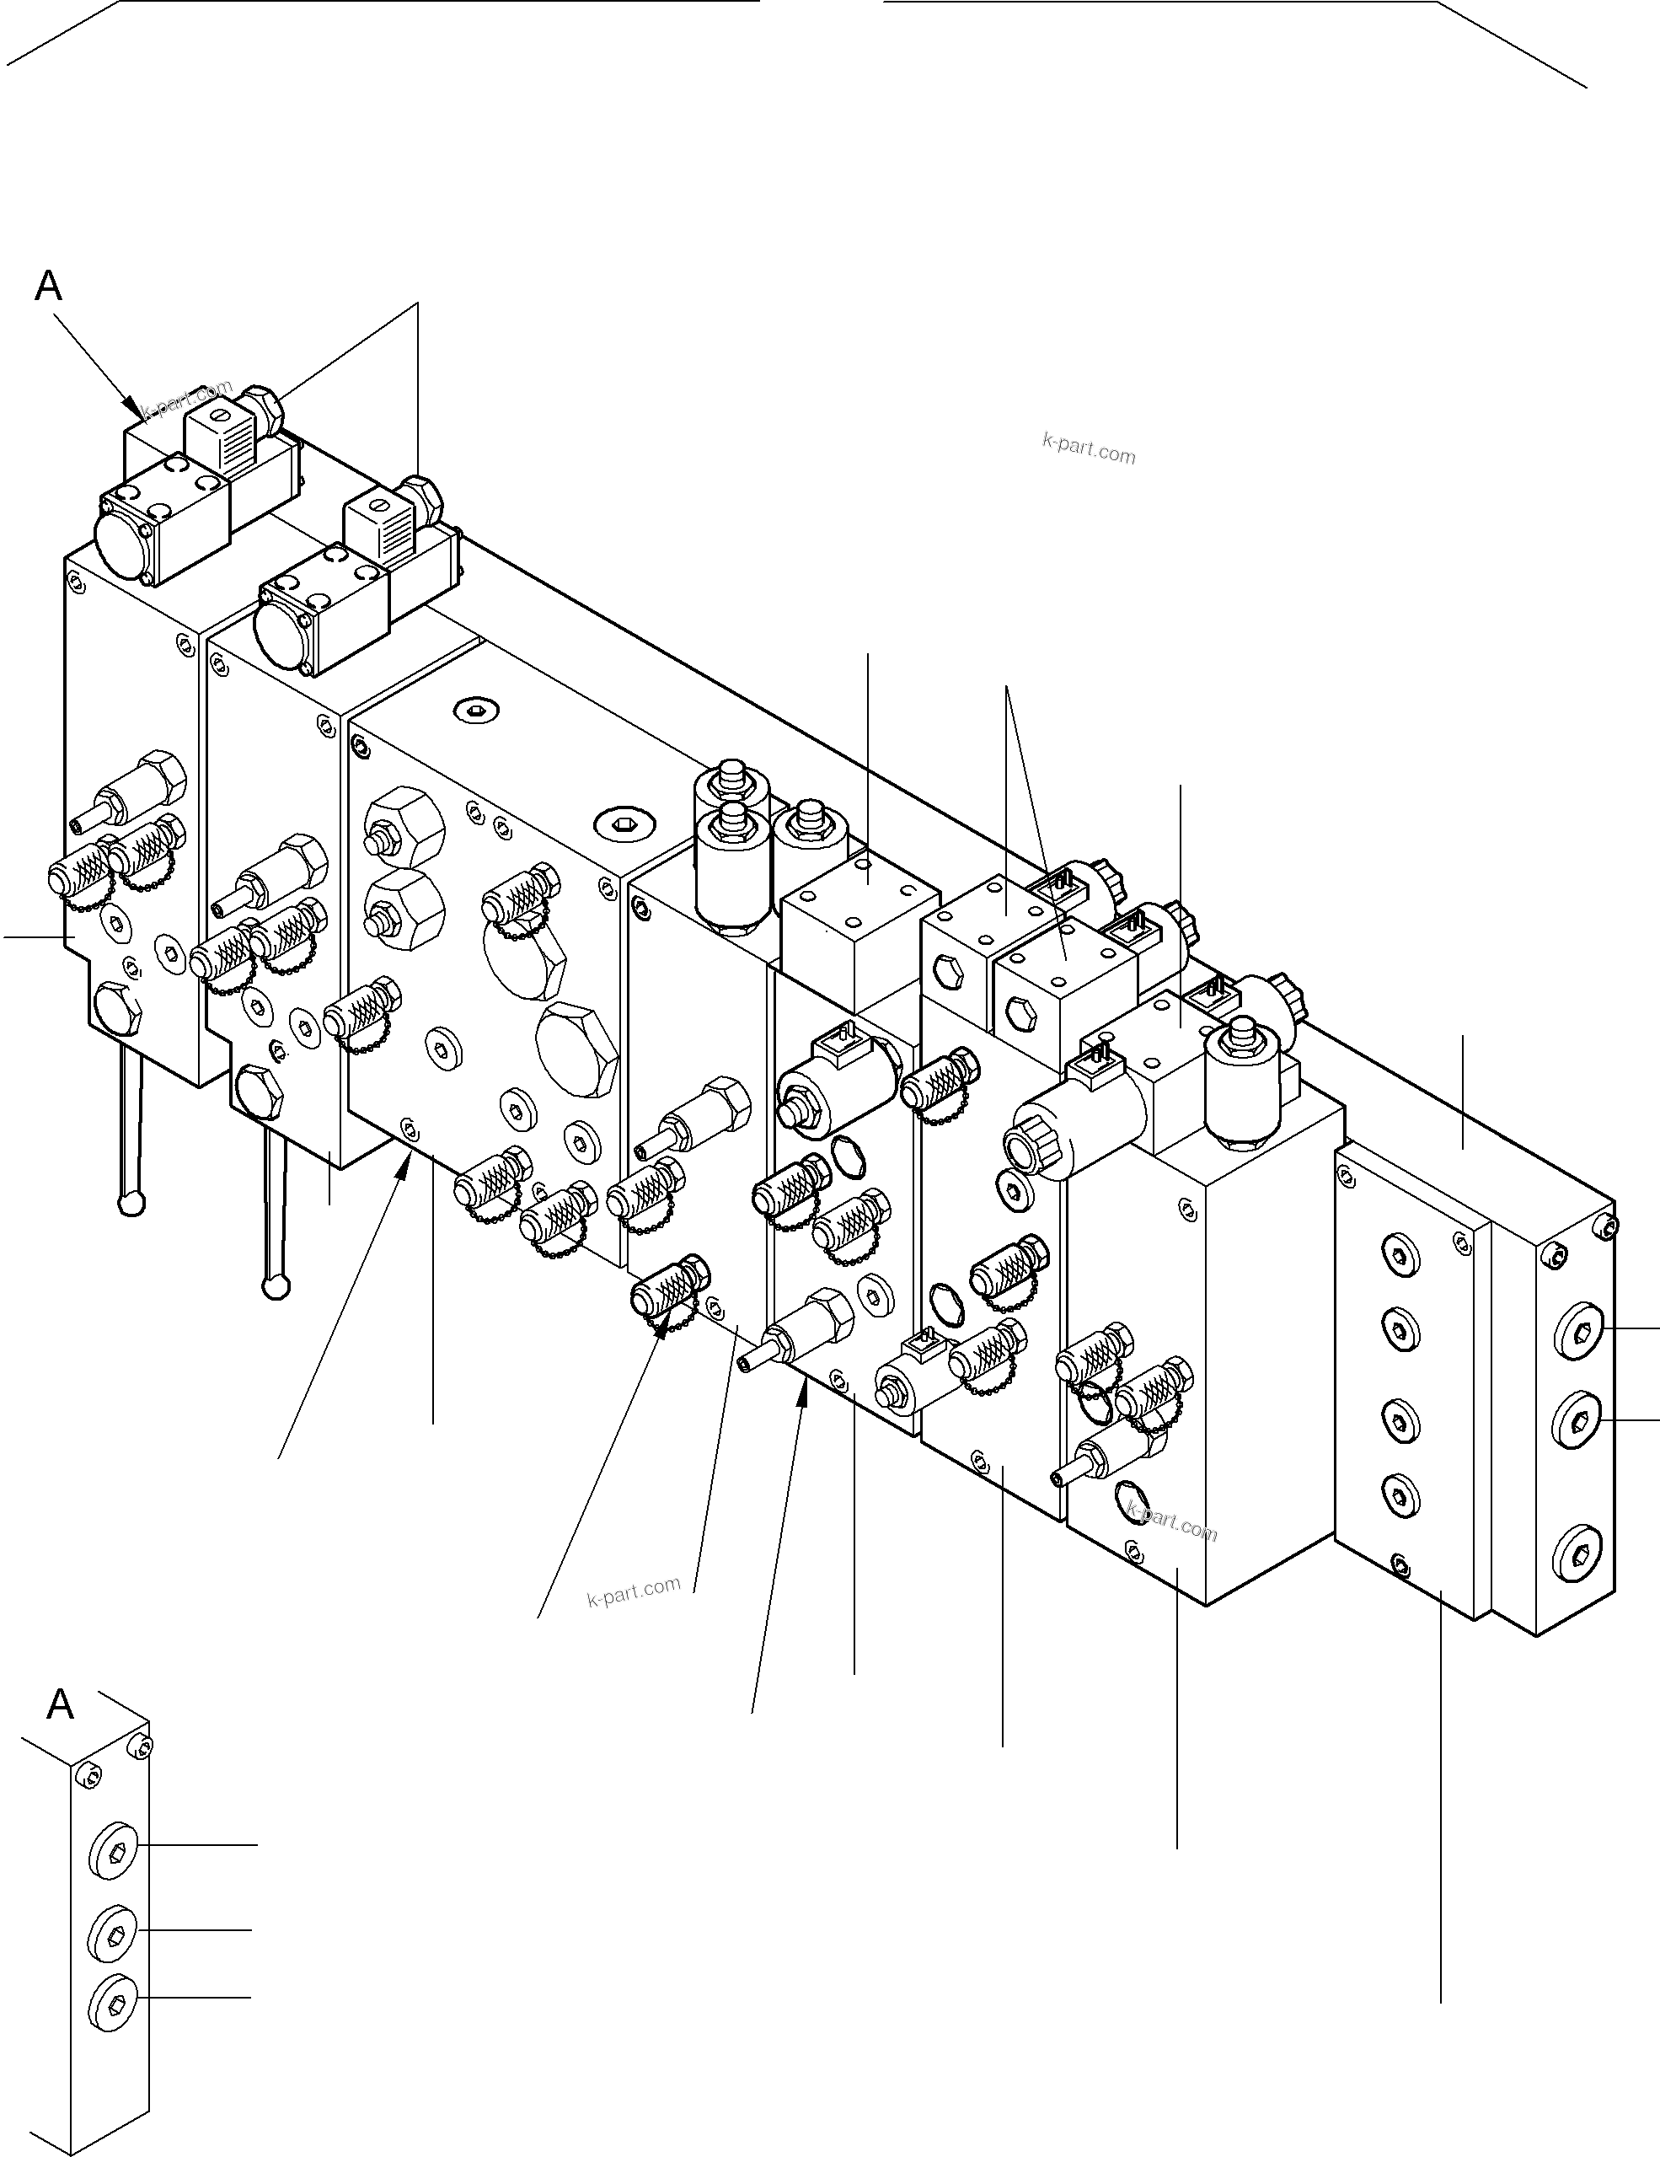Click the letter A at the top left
pyautogui.click(x=48, y=287)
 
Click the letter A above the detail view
pyautogui.click(x=60, y=1704)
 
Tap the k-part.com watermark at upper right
pyautogui.click(x=1088, y=449)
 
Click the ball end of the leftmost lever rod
pyautogui.click(x=132, y=1203)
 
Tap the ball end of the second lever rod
pyautogui.click(x=276, y=1286)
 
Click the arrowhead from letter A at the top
pyautogui.click(x=131, y=405)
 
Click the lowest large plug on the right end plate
pyautogui.click(x=1577, y=1555)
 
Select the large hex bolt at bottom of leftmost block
pyautogui.click(x=116, y=1008)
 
